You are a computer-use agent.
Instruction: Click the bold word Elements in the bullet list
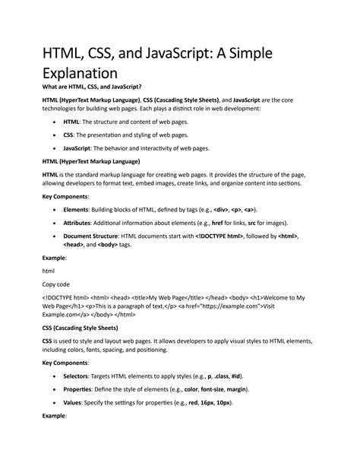[x=76, y=209]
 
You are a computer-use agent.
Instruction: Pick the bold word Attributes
[x=79, y=222]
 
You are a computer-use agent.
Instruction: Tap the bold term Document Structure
[x=94, y=236]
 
